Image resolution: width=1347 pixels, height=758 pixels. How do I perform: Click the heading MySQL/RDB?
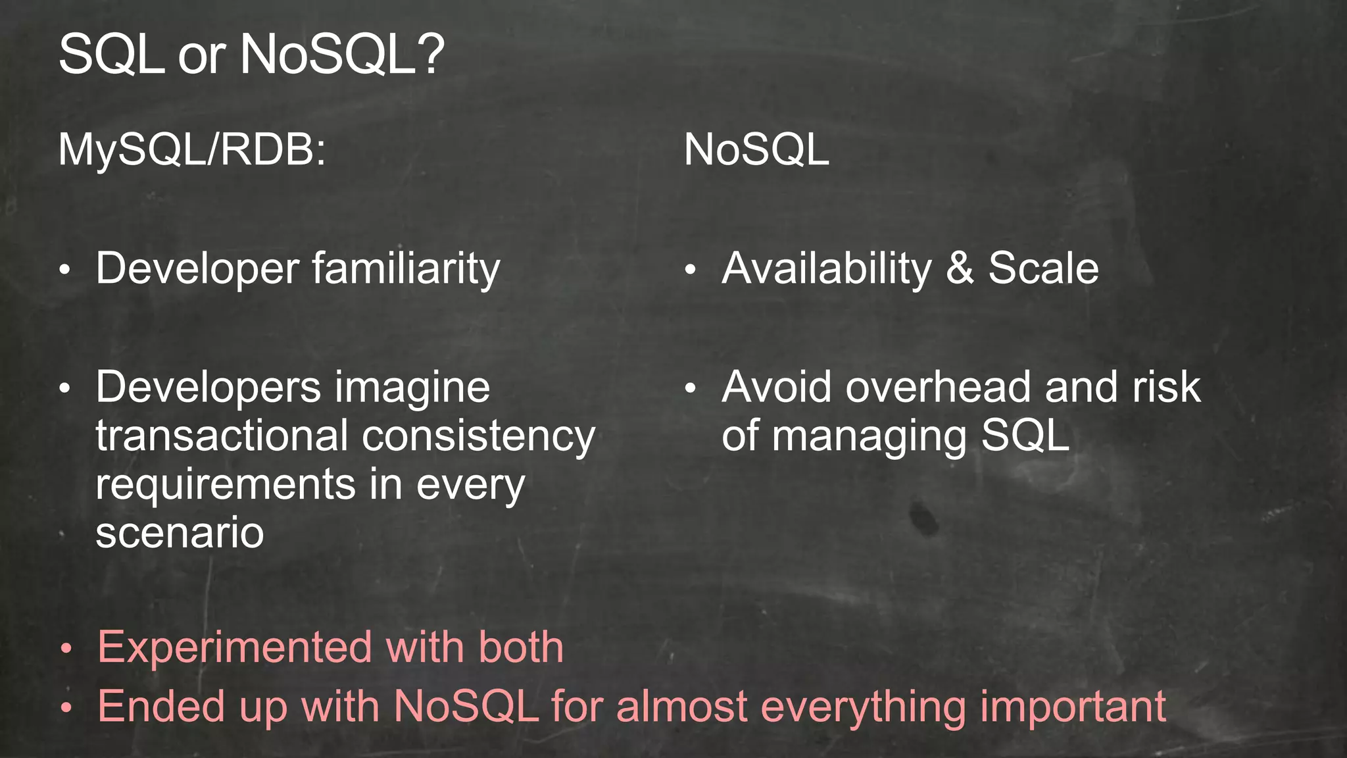coord(191,150)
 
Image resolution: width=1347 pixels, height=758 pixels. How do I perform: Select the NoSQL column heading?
coord(756,150)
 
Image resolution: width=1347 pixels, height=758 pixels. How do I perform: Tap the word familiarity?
coord(406,269)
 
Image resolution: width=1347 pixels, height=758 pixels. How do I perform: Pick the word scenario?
coord(180,532)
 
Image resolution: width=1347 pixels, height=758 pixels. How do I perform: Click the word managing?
coord(869,437)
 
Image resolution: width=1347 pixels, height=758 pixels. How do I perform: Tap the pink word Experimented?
coord(234,647)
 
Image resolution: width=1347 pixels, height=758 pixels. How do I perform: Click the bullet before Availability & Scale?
coord(689,270)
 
